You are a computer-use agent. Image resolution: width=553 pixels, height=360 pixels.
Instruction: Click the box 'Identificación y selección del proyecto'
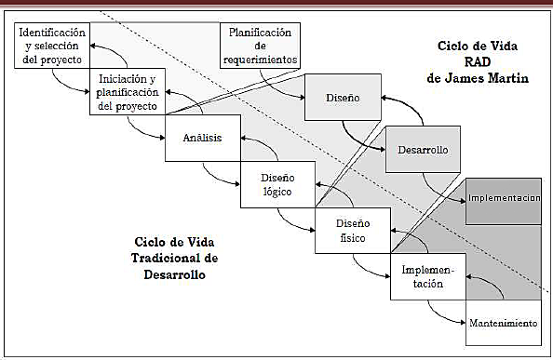(x=53, y=46)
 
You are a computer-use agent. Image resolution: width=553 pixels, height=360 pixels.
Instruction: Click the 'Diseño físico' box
(x=353, y=232)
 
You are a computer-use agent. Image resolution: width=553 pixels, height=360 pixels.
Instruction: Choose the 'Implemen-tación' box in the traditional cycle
(x=427, y=276)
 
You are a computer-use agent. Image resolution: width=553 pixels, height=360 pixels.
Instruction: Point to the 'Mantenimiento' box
(x=503, y=325)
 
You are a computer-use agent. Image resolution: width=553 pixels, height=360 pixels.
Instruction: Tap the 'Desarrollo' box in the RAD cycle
(x=424, y=149)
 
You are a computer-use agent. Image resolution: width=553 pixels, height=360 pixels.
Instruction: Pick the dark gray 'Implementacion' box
(x=504, y=199)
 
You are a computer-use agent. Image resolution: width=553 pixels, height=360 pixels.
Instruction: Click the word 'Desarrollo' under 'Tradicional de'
(x=169, y=275)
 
